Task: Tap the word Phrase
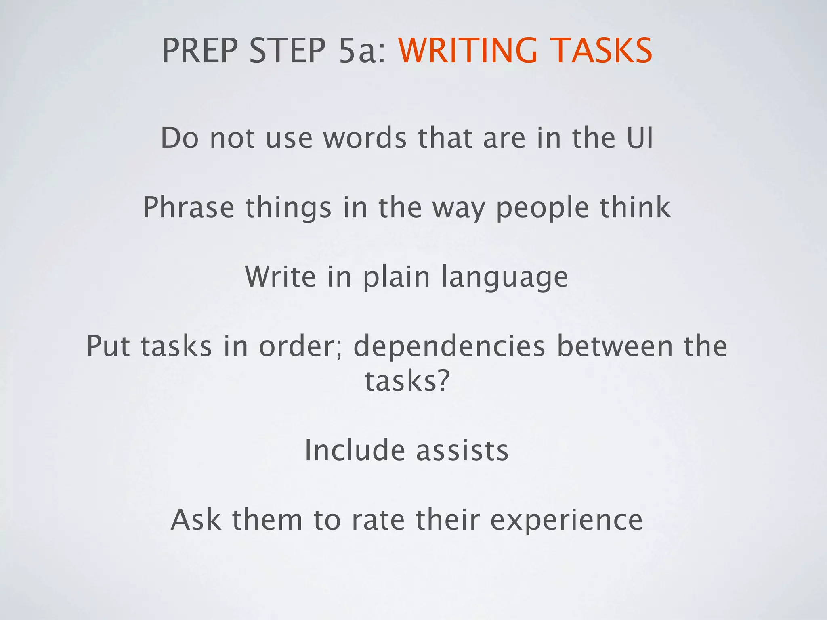[x=189, y=207]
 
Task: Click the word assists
[x=462, y=450]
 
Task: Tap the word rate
[x=378, y=520]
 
